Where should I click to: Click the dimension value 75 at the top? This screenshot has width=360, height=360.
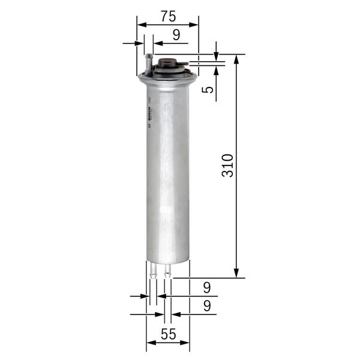pos(167,15)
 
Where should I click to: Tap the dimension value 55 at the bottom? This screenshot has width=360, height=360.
pos(169,335)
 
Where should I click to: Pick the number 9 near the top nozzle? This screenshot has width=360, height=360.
pos(176,35)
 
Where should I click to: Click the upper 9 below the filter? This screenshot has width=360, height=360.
pos(206,287)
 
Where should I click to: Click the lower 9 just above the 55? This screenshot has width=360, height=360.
pos(206,305)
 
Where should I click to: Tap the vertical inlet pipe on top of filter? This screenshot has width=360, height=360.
pos(148,62)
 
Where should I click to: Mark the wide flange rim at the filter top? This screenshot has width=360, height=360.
pos(168,77)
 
